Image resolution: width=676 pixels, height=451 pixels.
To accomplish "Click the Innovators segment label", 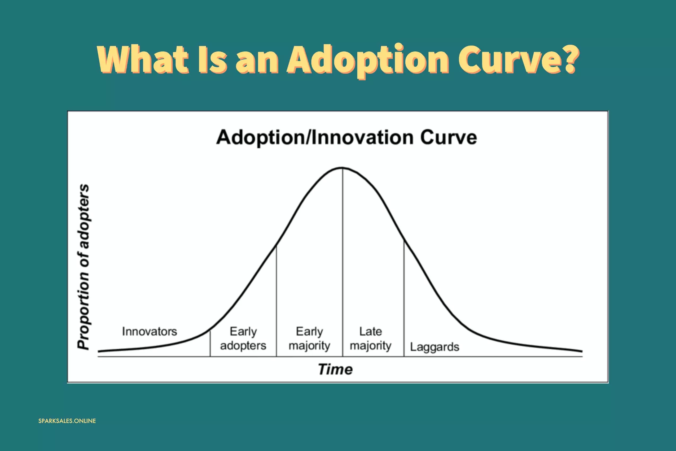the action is tap(150, 331).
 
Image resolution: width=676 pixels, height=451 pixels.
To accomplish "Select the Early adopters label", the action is tap(243, 339).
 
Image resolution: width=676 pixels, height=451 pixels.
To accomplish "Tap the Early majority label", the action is tap(309, 339).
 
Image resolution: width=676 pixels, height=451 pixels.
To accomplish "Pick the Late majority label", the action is tap(371, 339).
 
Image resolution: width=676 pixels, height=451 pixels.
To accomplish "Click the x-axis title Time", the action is tap(335, 369).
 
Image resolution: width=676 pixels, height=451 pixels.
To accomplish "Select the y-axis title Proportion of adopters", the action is tap(84, 267).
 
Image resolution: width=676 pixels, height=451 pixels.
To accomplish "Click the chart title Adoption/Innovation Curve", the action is tap(347, 137).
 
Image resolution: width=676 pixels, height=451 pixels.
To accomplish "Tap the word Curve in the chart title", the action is tap(448, 137).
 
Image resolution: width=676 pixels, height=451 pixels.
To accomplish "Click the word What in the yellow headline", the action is tap(143, 59).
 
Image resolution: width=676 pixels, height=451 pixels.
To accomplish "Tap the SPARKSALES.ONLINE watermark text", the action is tap(67, 421).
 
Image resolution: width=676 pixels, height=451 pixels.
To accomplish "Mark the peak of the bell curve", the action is tap(342, 168).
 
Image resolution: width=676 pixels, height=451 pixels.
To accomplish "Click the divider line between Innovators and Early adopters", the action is tap(210, 344).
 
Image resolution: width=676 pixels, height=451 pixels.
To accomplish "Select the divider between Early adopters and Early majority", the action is tap(276, 301).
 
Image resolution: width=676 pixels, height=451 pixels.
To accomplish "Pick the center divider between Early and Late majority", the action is tap(343, 262).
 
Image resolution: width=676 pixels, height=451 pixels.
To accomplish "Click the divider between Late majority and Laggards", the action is tap(404, 298).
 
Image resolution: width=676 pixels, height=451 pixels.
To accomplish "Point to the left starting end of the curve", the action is tap(98, 351).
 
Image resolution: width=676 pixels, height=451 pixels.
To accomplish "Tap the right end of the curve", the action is tap(582, 351).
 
